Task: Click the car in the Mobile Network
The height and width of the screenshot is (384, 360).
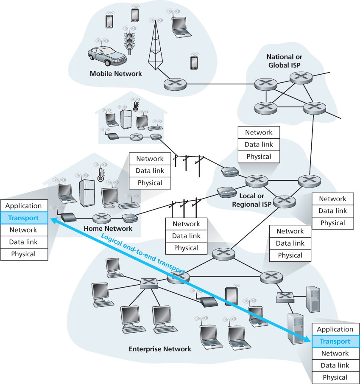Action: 107,56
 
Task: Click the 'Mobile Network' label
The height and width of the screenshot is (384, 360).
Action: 116,73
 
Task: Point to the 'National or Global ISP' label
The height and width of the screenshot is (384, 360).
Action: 285,61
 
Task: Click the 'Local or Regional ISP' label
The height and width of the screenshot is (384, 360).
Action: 252,200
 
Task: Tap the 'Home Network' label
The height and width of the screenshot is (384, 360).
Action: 108,228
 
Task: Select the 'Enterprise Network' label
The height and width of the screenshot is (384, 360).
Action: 160,349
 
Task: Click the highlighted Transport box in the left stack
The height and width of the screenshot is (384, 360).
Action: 23,218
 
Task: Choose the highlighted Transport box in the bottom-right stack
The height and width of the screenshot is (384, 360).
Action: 335,342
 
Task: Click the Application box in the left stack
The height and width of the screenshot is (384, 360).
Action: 23,206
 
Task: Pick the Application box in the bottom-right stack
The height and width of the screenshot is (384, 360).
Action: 335,329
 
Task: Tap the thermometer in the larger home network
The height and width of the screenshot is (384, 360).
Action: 100,173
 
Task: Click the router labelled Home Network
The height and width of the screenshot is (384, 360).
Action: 101,218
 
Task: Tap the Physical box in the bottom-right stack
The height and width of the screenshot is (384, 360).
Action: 335,377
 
